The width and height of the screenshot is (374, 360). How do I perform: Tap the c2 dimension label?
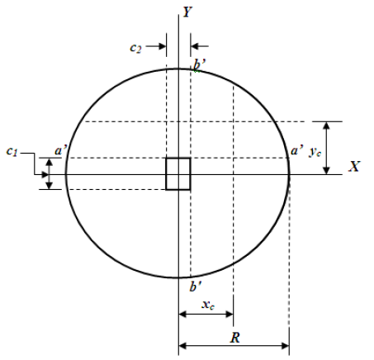pyautogui.click(x=136, y=48)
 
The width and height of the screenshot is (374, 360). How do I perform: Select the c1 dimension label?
pyautogui.click(x=12, y=151)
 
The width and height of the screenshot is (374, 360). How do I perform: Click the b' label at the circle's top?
pyautogui.click(x=197, y=69)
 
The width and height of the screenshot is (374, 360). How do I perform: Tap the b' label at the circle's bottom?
pyautogui.click(x=195, y=287)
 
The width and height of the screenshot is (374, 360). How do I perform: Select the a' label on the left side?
pyautogui.click(x=61, y=151)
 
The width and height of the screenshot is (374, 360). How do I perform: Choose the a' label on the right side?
pyautogui.click(x=296, y=151)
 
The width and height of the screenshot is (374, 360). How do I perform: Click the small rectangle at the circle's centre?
pyautogui.click(x=178, y=173)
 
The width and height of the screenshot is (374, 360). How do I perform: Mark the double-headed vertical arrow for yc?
pyautogui.click(x=328, y=148)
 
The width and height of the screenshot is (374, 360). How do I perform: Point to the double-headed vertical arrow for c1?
pyautogui.click(x=50, y=173)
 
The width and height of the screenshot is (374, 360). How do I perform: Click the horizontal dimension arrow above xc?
pyautogui.click(x=206, y=318)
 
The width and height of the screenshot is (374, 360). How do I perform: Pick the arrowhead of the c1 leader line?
pyautogui.click(x=46, y=174)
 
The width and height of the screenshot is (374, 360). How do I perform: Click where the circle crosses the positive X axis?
pyautogui.click(x=289, y=173)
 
